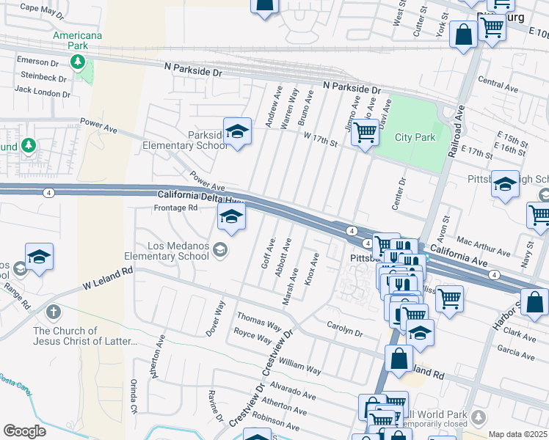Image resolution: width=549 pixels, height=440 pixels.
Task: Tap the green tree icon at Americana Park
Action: point(77,61)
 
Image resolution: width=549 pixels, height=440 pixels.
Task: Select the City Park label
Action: point(415,137)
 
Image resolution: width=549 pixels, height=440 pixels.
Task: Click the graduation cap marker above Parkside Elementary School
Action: point(237,132)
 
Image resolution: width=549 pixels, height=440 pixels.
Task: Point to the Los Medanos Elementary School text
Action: point(169,251)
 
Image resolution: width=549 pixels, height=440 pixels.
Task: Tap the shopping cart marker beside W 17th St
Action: point(365,133)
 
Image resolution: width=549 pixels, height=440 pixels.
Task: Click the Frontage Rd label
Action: point(175,208)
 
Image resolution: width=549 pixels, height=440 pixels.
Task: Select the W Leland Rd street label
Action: point(107,276)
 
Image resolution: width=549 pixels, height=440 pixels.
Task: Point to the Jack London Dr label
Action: point(43,92)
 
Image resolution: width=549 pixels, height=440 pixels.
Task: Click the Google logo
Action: point(24,431)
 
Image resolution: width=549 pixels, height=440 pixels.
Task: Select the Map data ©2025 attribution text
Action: point(517,434)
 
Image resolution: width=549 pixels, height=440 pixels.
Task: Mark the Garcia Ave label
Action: point(520,348)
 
